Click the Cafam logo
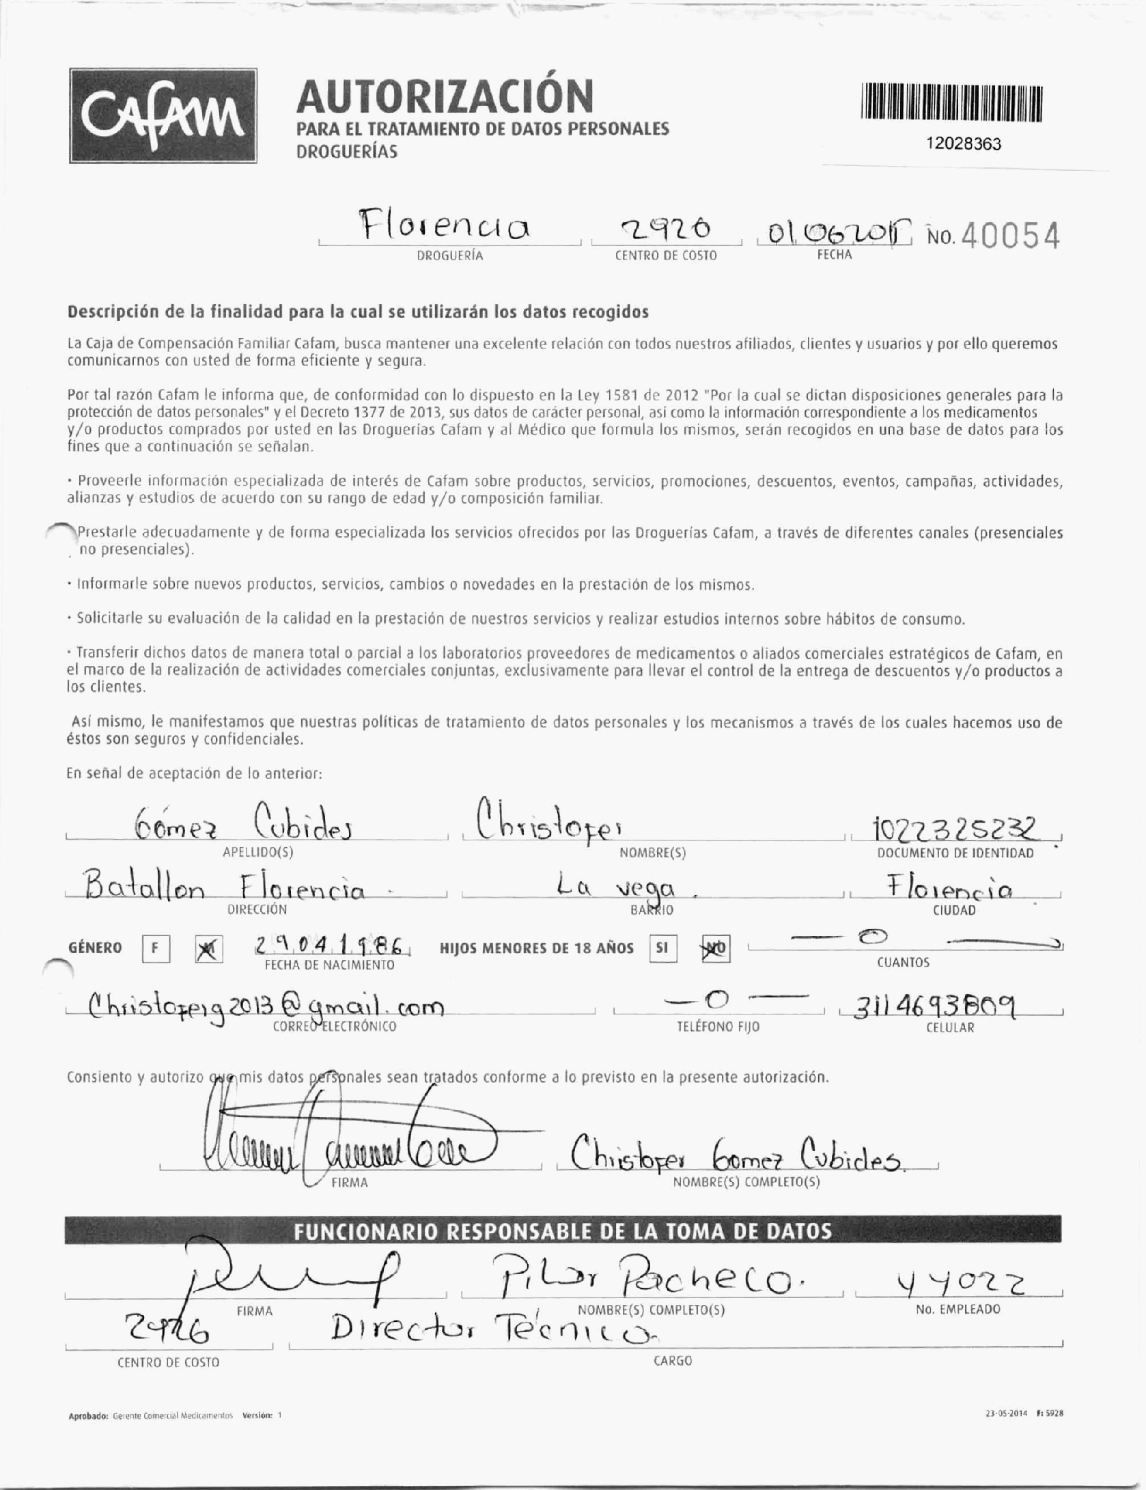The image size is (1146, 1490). (x=163, y=115)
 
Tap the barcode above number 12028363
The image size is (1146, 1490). (x=953, y=103)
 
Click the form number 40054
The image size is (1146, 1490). (x=1012, y=237)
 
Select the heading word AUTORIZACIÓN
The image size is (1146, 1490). (x=445, y=96)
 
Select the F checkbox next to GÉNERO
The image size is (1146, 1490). (x=156, y=949)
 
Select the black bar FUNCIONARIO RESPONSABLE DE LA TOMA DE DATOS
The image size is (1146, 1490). (x=563, y=1231)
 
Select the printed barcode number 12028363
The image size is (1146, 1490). (x=963, y=144)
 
